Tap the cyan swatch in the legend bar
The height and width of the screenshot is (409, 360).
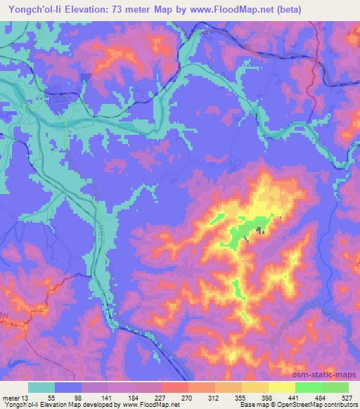click(x=41, y=387)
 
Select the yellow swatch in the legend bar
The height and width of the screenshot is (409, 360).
click(x=281, y=387)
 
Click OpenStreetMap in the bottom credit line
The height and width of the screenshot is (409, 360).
click(x=311, y=405)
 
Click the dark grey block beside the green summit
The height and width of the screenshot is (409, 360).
click(x=260, y=230)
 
